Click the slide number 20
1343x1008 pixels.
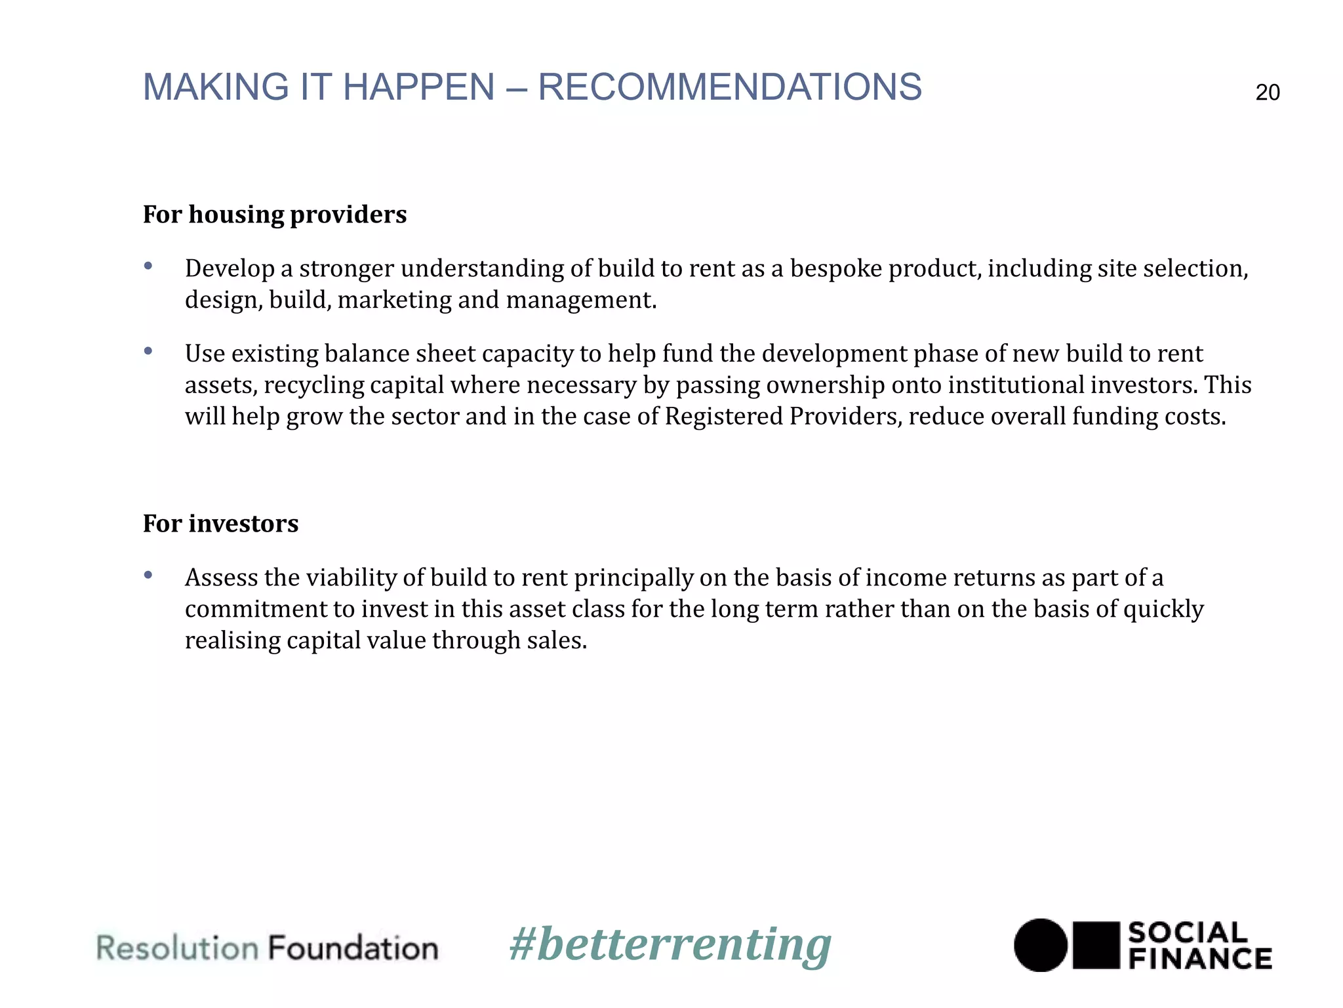[1267, 93]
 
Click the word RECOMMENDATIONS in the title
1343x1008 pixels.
[729, 87]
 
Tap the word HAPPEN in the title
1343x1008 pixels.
[418, 87]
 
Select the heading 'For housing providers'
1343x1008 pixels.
[275, 215]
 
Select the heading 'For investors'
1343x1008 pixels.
[220, 524]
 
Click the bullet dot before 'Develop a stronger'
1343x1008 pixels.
[148, 266]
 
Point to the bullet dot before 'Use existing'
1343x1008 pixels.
[148, 351]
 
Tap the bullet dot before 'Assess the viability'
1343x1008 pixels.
[148, 576]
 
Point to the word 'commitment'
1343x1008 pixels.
[255, 609]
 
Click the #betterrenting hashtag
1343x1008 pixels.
[670, 945]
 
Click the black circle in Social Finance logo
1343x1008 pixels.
[1041, 945]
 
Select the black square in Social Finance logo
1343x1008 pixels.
[1096, 945]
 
